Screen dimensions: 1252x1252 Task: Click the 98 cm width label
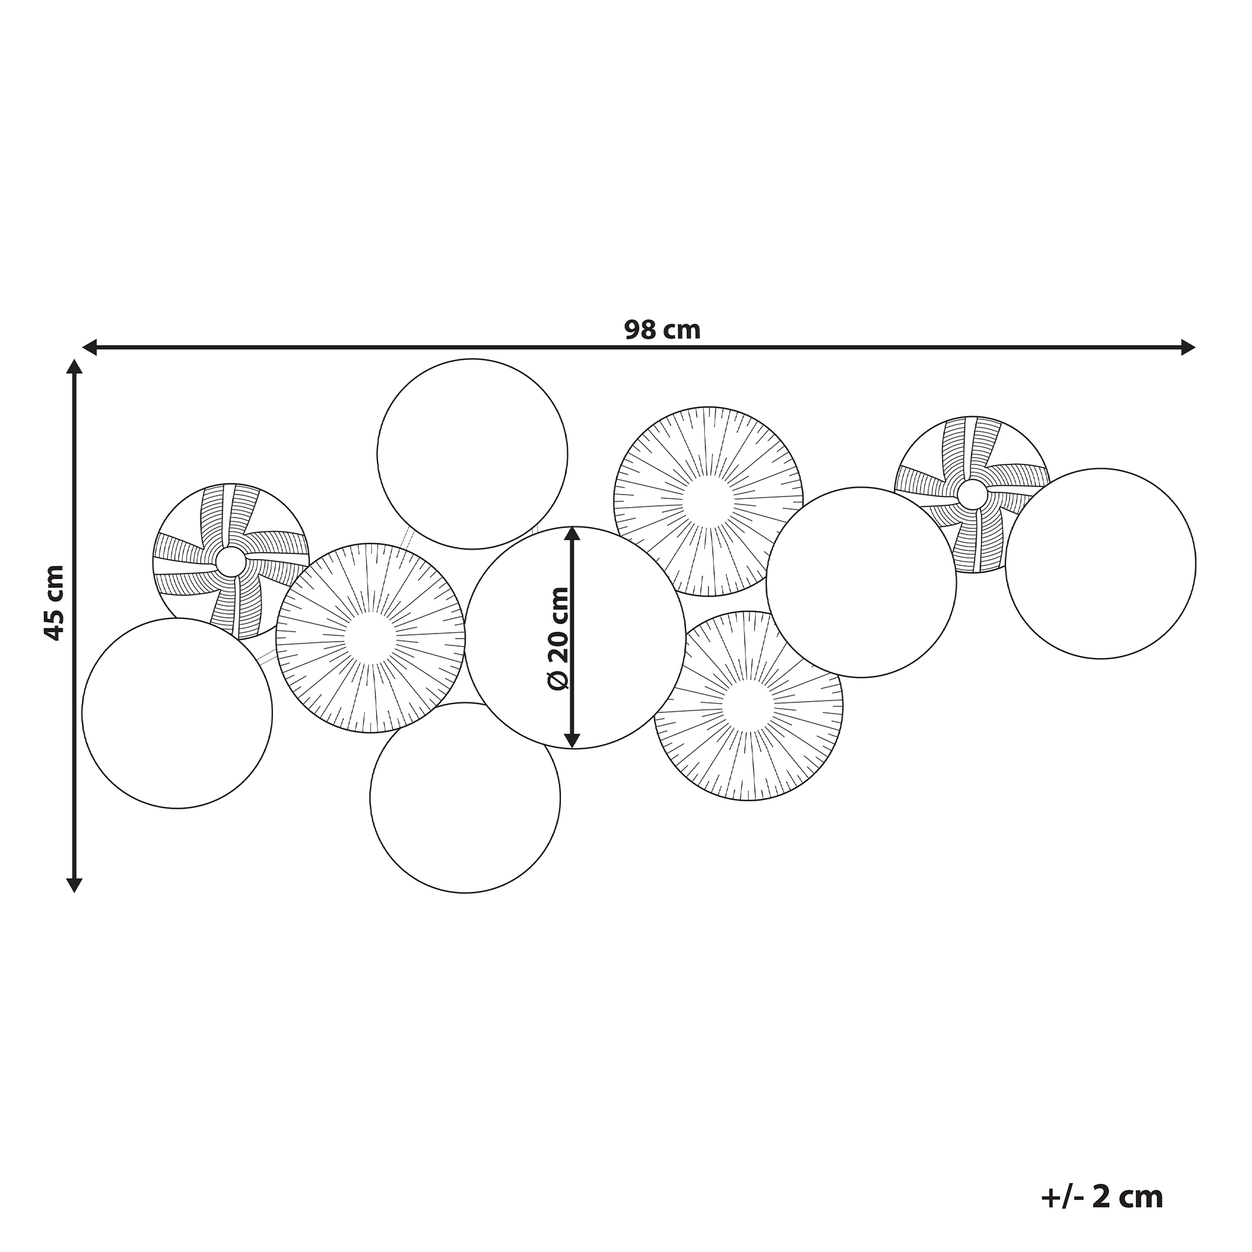662,331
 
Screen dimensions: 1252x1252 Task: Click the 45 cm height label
54,603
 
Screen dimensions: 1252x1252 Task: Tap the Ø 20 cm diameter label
558,639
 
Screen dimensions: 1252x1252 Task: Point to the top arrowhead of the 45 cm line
74,367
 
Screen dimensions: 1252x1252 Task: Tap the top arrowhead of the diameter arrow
572,534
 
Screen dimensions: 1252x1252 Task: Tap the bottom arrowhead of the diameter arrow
572,740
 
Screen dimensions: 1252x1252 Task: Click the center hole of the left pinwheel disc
231,561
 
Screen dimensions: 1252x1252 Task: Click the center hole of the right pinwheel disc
972,495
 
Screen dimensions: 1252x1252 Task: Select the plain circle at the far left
177,713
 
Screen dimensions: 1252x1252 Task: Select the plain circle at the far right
1101,563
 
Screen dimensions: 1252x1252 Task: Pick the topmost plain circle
472,454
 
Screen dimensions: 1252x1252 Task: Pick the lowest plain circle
464,797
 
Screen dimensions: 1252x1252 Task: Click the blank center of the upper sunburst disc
707,501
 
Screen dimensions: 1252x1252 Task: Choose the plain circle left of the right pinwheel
861,582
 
